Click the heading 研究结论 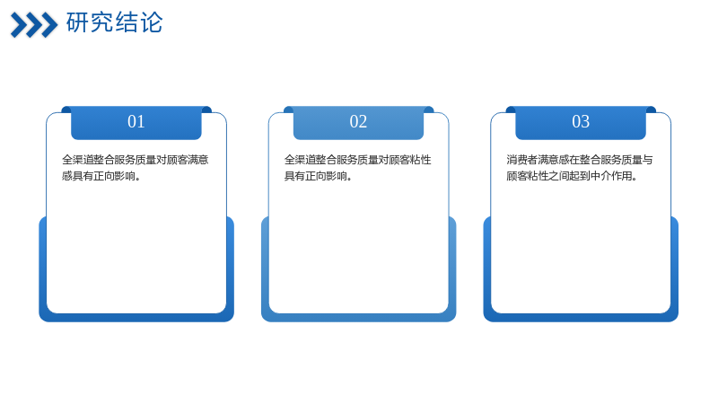pyautogui.click(x=115, y=22)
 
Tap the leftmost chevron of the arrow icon pyautogui.click(x=20, y=25)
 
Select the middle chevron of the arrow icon pyautogui.click(x=34, y=25)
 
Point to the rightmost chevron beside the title pyautogui.click(x=49, y=25)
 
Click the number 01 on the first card pyautogui.click(x=136, y=121)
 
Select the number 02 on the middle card pyautogui.click(x=358, y=121)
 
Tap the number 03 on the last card pyautogui.click(x=581, y=121)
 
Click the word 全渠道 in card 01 pyautogui.click(x=78, y=160)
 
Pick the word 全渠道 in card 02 pyautogui.click(x=300, y=160)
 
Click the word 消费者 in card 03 pyautogui.click(x=522, y=160)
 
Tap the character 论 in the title pyautogui.click(x=152, y=22)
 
